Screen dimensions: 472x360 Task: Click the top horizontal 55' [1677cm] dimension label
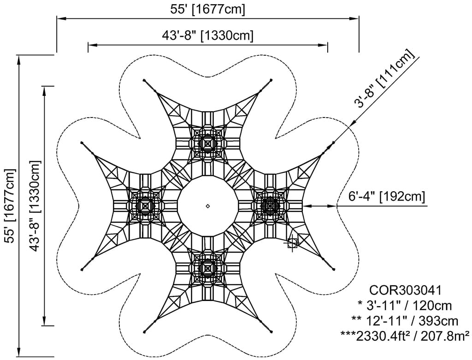tap(208, 9)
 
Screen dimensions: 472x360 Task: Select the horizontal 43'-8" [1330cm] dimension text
tap(208, 35)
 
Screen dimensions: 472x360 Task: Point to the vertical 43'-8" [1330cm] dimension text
tap(35, 206)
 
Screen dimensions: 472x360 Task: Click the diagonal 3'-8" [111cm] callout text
tap(384, 78)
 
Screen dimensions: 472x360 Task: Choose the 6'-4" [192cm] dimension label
tap(387, 196)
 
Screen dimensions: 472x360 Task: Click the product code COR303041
tap(405, 290)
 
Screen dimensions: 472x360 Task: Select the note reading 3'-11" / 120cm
tap(405, 306)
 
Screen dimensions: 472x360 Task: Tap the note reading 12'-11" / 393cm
tap(405, 320)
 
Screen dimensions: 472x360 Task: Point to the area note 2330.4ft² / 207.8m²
tap(405, 336)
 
